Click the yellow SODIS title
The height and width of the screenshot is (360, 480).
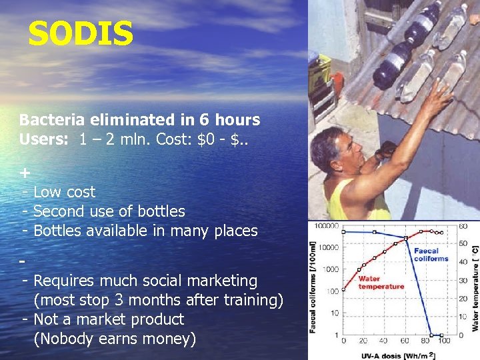coord(81,34)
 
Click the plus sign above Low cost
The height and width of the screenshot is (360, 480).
coord(25,173)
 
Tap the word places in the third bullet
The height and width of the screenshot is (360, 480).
coord(235,231)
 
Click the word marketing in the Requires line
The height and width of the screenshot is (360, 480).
coord(219,281)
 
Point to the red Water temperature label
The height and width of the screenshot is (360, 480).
coord(381,282)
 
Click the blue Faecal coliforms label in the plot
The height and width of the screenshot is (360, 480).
coord(431,255)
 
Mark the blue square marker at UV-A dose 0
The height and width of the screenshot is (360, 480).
coord(343,231)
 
